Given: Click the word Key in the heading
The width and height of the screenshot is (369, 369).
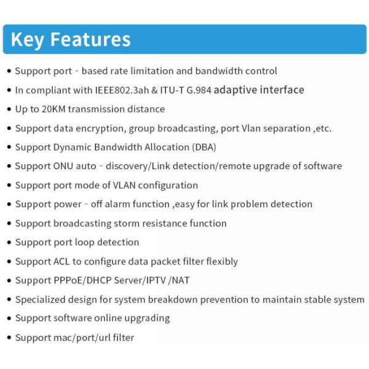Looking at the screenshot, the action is pyautogui.click(x=28, y=39).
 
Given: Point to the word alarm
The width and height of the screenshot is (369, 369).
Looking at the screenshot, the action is pyautogui.click(x=119, y=204).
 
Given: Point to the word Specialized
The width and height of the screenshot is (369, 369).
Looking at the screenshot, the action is pyautogui.click(x=41, y=300).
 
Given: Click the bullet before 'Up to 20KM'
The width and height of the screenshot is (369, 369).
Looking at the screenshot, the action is pyautogui.click(x=9, y=109).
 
